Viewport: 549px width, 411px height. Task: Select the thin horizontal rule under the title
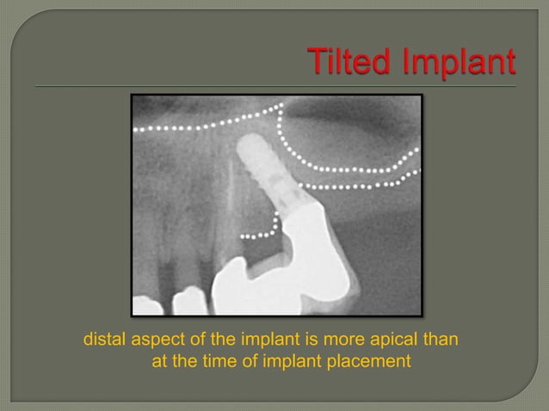(x=275, y=87)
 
